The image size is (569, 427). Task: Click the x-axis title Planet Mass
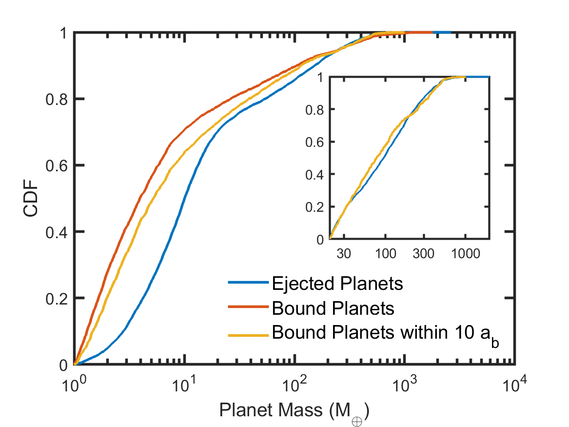pyautogui.click(x=294, y=411)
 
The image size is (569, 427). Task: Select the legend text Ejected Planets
pyautogui.click(x=337, y=283)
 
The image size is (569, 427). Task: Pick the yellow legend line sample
pyautogui.click(x=249, y=335)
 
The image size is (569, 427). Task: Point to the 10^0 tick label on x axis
pyautogui.click(x=75, y=385)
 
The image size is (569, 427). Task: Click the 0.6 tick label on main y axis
pyautogui.click(x=56, y=166)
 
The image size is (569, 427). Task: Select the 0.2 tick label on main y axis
pyautogui.click(x=56, y=299)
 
